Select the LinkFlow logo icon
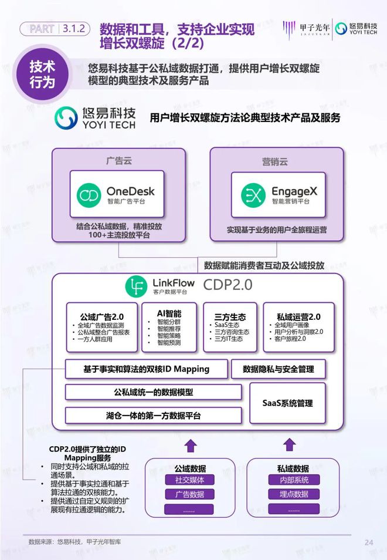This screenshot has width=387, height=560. [137, 285]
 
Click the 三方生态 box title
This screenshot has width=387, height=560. [226, 315]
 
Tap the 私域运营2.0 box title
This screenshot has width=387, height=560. [298, 316]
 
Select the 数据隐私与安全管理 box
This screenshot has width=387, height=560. [278, 369]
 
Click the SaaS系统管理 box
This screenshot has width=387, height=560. [287, 403]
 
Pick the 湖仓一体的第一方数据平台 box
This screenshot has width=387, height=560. [153, 416]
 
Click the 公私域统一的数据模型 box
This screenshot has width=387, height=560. [153, 392]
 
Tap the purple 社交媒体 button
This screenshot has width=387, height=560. [189, 480]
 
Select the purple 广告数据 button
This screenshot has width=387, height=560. [189, 494]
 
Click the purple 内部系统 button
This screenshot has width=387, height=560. [294, 480]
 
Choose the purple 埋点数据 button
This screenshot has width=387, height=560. [294, 494]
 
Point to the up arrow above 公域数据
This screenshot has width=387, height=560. [190, 445]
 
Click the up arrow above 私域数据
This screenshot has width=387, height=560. [293, 445]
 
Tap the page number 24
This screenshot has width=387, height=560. [368, 542]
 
